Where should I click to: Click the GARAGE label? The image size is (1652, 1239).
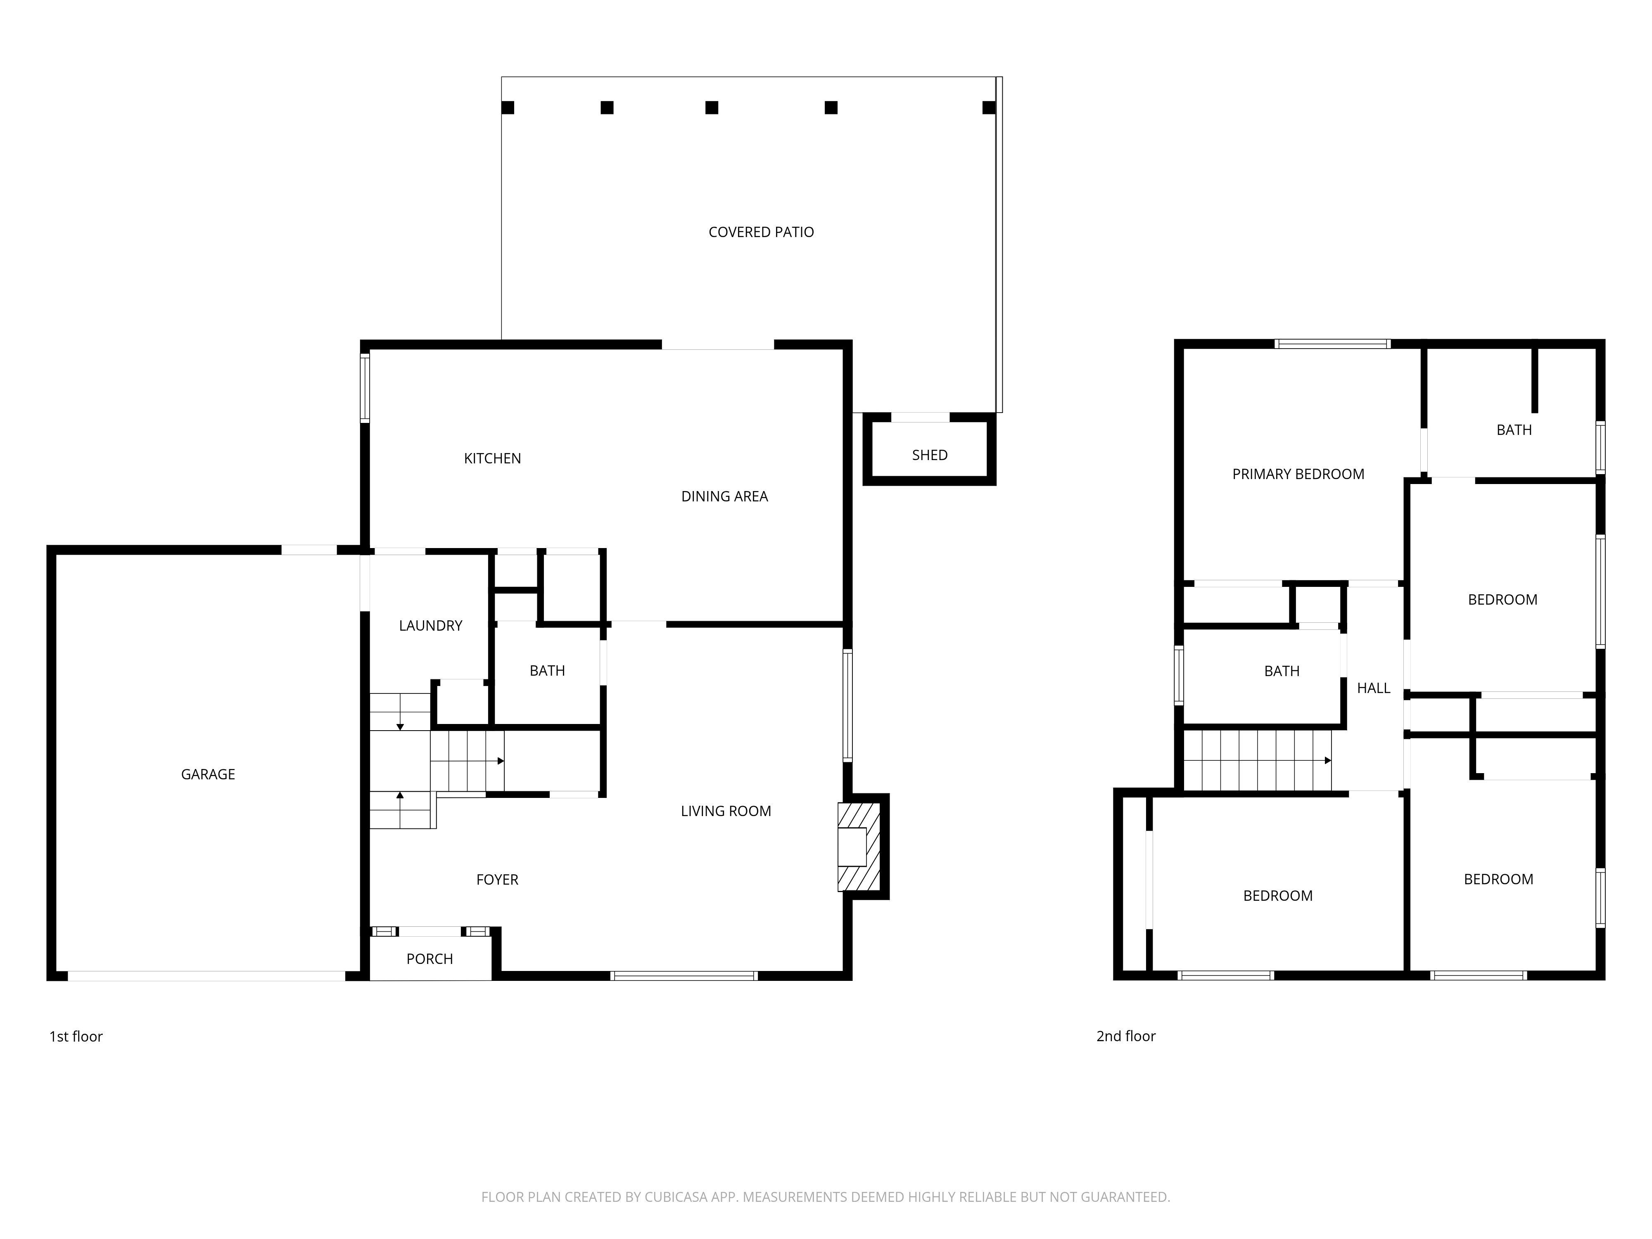pos(208,774)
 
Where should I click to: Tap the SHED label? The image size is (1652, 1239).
pos(929,455)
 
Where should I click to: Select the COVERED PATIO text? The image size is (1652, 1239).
pos(760,232)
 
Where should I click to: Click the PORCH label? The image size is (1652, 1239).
pos(430,959)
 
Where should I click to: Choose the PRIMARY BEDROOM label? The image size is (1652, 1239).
pos(1297,474)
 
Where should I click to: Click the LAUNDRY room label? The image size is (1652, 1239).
pos(430,626)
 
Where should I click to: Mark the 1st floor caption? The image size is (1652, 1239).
pos(76,1037)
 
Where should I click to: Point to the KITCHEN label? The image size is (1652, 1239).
pos(492,458)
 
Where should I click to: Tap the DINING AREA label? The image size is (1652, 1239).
pos(724,497)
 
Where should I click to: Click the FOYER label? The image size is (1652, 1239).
pos(497,880)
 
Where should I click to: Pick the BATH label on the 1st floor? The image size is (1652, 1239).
pos(547,671)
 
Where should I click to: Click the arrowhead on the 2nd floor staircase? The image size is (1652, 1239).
pos(1327,760)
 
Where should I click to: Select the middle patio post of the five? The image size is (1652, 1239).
pos(711,107)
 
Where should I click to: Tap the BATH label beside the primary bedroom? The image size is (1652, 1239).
pos(1513,430)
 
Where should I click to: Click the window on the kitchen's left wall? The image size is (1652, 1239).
pos(364,388)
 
